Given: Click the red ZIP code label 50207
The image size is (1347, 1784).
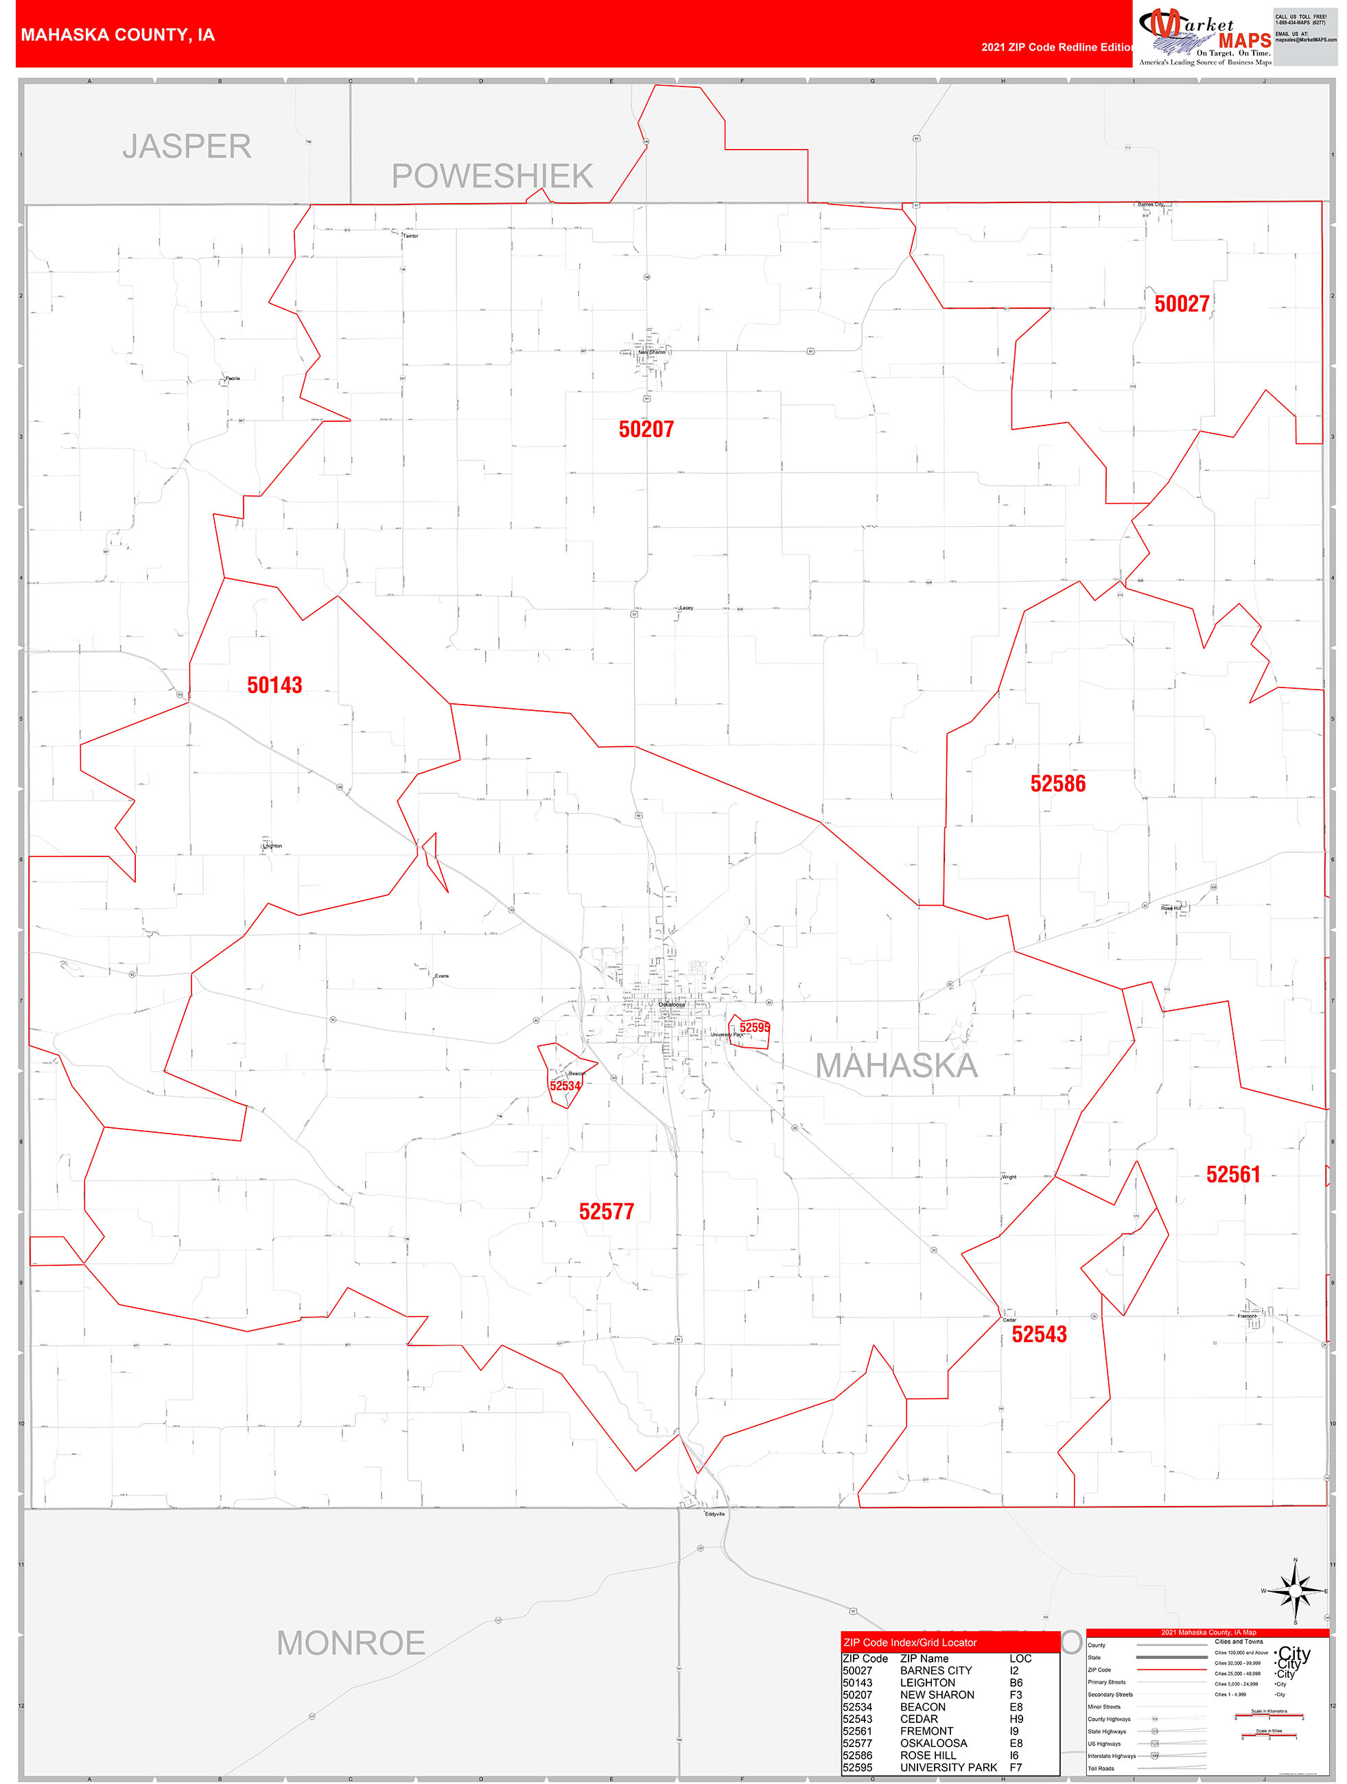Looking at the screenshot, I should (646, 429).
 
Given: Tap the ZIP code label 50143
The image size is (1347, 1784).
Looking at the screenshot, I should (274, 685).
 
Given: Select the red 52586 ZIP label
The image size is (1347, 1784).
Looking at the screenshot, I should (1057, 783).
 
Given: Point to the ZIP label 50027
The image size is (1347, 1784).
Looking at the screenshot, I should (1182, 303).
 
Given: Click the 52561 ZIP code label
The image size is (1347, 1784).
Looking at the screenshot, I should (1232, 1174).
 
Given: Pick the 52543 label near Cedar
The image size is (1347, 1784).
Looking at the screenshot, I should (1039, 1334).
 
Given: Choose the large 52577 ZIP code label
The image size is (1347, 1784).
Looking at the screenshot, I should (607, 1211).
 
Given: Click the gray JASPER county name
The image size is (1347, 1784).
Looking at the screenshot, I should (187, 147).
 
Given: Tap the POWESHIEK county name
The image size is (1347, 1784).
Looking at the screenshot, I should (492, 176).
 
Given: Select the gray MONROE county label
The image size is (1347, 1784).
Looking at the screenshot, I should (351, 1643).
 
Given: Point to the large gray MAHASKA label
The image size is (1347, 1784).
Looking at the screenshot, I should (896, 1066).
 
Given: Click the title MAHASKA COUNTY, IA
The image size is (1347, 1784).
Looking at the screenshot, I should (118, 35).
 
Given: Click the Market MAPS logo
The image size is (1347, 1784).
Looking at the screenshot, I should (1204, 36).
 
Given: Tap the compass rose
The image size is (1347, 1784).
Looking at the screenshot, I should (1296, 1591).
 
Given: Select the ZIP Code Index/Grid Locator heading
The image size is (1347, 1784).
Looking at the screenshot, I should (910, 1642).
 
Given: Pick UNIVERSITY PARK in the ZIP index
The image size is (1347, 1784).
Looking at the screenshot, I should (948, 1767).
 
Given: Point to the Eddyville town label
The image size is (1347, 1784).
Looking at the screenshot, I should (714, 1514).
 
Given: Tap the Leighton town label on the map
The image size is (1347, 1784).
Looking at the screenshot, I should (272, 846).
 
